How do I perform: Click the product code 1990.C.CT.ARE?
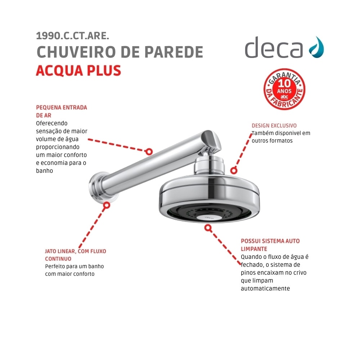(73, 36)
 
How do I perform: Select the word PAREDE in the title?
(174, 52)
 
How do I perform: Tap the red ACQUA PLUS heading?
(78, 71)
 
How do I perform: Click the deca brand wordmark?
(274, 48)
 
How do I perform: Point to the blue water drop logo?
(316, 47)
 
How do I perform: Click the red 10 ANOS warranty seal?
(284, 89)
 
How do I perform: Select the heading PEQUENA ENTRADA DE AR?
(62, 111)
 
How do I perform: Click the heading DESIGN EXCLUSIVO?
(274, 126)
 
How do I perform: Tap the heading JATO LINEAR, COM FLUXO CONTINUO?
(76, 255)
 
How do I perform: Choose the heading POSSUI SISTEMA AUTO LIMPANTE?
(270, 245)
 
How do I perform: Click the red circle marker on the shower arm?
(149, 152)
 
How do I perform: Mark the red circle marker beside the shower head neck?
(234, 171)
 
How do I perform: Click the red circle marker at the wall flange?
(106, 205)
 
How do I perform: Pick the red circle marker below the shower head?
(208, 228)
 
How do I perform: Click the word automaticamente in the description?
(265, 288)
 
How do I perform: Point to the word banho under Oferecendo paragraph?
(44, 171)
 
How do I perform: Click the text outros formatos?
(272, 141)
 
